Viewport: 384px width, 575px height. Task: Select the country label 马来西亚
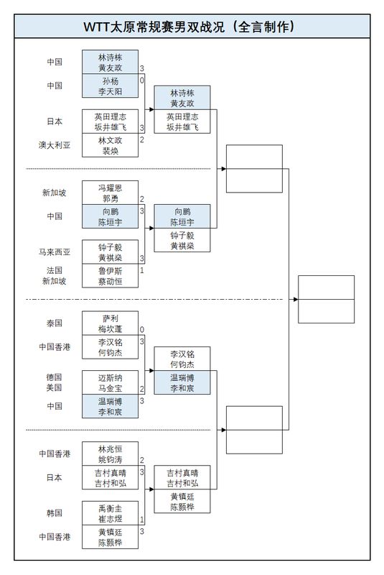click(55, 252)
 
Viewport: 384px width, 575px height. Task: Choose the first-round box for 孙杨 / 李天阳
click(110, 87)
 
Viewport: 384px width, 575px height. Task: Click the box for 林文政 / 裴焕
click(110, 146)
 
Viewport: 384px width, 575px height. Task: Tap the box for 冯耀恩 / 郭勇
click(110, 193)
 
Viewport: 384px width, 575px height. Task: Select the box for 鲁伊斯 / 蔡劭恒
click(110, 276)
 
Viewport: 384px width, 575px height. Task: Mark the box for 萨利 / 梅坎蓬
click(110, 323)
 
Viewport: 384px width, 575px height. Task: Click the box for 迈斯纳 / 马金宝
click(110, 382)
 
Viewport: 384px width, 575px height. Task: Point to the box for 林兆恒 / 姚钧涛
click(110, 454)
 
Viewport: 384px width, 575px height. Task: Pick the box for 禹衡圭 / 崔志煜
click(110, 513)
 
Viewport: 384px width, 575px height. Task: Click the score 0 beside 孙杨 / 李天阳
click(142, 80)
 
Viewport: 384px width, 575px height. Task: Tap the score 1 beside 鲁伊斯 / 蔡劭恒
click(142, 270)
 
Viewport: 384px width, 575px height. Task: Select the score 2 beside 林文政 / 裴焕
click(142, 139)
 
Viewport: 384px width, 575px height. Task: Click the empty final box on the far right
click(326, 299)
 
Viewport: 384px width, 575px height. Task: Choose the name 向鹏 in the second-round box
click(182, 212)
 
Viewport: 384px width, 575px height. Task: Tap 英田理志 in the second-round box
click(182, 116)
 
